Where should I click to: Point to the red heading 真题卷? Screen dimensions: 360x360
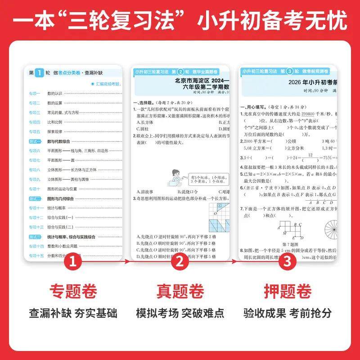tap(180, 292)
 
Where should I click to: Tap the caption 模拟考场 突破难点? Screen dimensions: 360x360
tap(180, 313)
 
